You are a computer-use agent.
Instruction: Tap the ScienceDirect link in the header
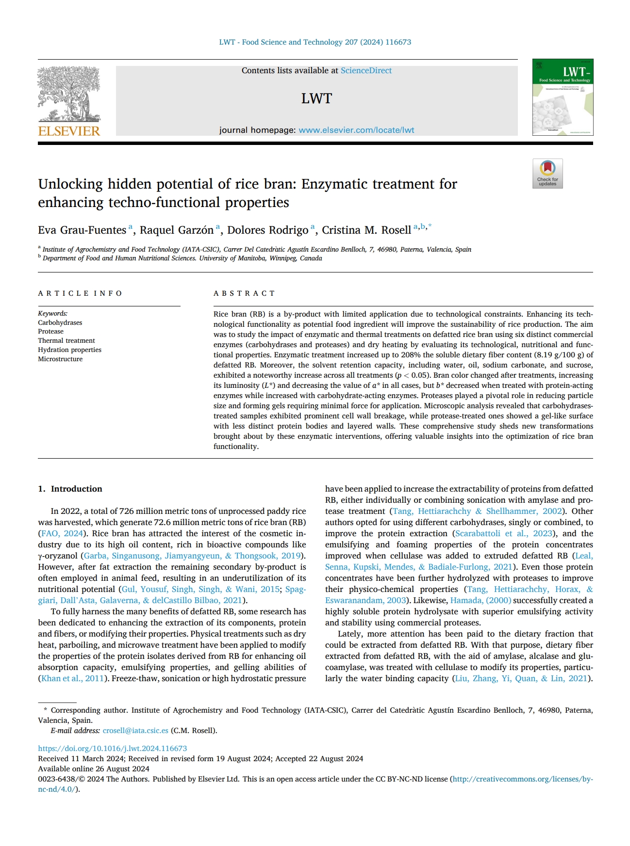click(x=366, y=71)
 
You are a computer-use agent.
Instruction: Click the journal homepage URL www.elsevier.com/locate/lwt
click(x=356, y=130)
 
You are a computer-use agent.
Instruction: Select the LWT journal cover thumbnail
click(x=563, y=97)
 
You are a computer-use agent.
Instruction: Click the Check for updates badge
click(x=547, y=174)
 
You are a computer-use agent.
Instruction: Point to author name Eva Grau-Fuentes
click(x=82, y=230)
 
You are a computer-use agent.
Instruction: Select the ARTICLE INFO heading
click(x=80, y=293)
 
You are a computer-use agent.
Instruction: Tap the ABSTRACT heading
click(x=244, y=293)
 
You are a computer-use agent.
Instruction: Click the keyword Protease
click(x=51, y=332)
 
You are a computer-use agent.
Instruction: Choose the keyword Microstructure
click(x=60, y=359)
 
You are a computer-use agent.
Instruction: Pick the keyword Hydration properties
click(x=70, y=350)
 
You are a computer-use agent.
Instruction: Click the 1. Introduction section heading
click(x=70, y=489)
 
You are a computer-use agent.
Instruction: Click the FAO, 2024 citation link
click(x=62, y=533)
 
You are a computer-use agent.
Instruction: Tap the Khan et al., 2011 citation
click(x=72, y=678)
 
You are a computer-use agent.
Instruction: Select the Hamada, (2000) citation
click(x=481, y=600)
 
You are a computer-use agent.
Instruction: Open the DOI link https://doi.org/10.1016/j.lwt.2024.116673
click(x=113, y=749)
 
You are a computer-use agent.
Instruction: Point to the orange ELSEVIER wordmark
click(x=69, y=131)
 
